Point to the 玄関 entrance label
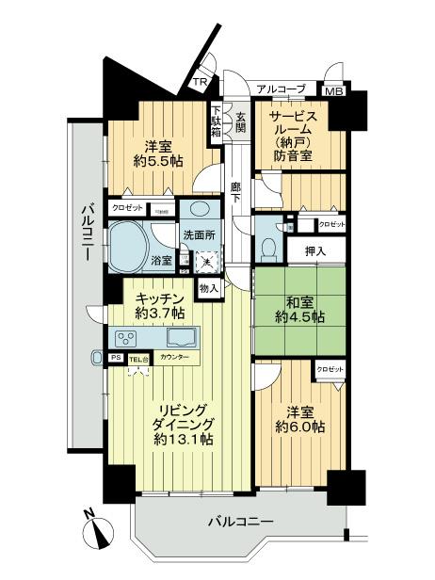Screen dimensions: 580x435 pyautogui.click(x=242, y=124)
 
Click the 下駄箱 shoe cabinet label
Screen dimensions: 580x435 pyautogui.click(x=216, y=121)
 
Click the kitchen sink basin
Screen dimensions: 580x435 pyautogui.click(x=181, y=337)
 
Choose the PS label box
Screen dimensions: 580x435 pyautogui.click(x=117, y=358)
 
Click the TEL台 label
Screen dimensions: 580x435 pyautogui.click(x=138, y=358)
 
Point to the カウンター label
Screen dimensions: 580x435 pyautogui.click(x=174, y=358)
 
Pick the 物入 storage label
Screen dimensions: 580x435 pyautogui.click(x=208, y=288)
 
